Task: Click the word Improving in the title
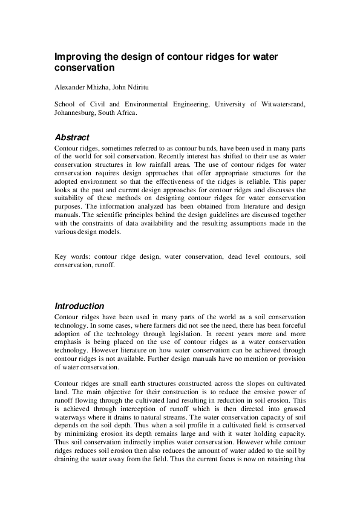point(77,56)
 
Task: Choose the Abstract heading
point(72,138)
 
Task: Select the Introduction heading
point(79,306)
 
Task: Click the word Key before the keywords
point(61,256)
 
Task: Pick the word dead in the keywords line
point(236,256)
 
